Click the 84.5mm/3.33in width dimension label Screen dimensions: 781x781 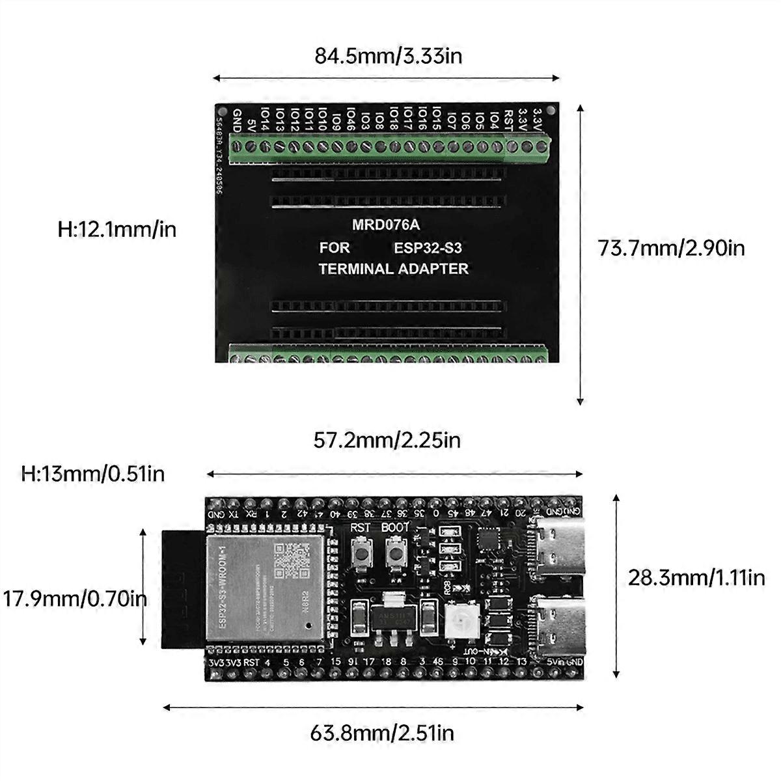389,56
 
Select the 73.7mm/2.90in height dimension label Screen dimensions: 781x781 671,248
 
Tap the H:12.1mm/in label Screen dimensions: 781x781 117,229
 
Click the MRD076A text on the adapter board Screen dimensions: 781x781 386,225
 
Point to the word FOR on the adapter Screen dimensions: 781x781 335,247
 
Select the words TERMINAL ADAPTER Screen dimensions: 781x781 393,268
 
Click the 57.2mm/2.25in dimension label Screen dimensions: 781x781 387,441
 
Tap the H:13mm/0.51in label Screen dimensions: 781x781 93,473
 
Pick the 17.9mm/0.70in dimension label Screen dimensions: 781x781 73,598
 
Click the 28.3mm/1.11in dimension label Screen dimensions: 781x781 696,577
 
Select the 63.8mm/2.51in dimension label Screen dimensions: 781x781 381,733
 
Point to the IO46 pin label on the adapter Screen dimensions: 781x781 351,119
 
